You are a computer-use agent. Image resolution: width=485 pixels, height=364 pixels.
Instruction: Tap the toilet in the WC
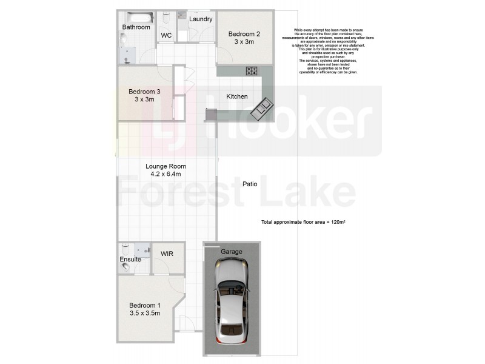pos(167,19)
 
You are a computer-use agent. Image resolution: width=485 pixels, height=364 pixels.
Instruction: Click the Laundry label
pos(201,19)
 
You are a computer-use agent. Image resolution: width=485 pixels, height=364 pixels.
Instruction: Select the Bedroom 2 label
pos(244,34)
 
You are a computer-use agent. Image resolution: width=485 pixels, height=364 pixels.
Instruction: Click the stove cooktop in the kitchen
pos(252,71)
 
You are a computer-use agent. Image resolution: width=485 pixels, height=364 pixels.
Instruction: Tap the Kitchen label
pos(237,96)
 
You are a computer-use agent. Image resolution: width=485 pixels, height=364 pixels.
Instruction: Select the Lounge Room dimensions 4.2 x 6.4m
pos(166,174)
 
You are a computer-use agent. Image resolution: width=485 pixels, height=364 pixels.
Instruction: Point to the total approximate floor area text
pos(303,223)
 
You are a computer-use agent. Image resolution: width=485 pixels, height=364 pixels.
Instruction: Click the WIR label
pos(167,254)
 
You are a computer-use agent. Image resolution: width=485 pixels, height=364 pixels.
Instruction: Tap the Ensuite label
pos(130,259)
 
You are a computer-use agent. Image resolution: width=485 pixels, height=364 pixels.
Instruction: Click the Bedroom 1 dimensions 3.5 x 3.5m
pos(145,313)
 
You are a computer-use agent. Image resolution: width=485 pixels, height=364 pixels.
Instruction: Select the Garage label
pos(231,251)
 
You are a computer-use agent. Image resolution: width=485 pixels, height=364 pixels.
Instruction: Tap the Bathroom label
pos(136,27)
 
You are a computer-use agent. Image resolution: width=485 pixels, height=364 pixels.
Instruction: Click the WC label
pos(166,36)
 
